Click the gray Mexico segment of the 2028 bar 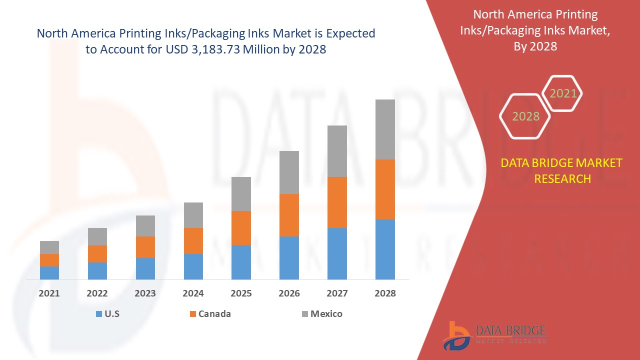tap(385, 129)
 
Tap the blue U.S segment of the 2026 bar tap(289, 257)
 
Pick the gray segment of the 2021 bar tap(49, 247)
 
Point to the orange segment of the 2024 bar tap(193, 241)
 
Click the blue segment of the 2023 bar tap(145, 268)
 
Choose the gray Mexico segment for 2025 tap(241, 194)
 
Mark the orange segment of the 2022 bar tap(97, 254)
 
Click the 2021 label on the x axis tap(49, 293)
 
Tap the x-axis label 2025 tap(241, 293)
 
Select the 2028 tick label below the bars tap(385, 293)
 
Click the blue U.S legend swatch tap(98, 314)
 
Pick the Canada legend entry tap(214, 314)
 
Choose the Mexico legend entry tap(326, 314)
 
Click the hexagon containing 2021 tap(563, 93)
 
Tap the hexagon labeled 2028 tap(525, 116)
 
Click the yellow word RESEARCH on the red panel tap(562, 178)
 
